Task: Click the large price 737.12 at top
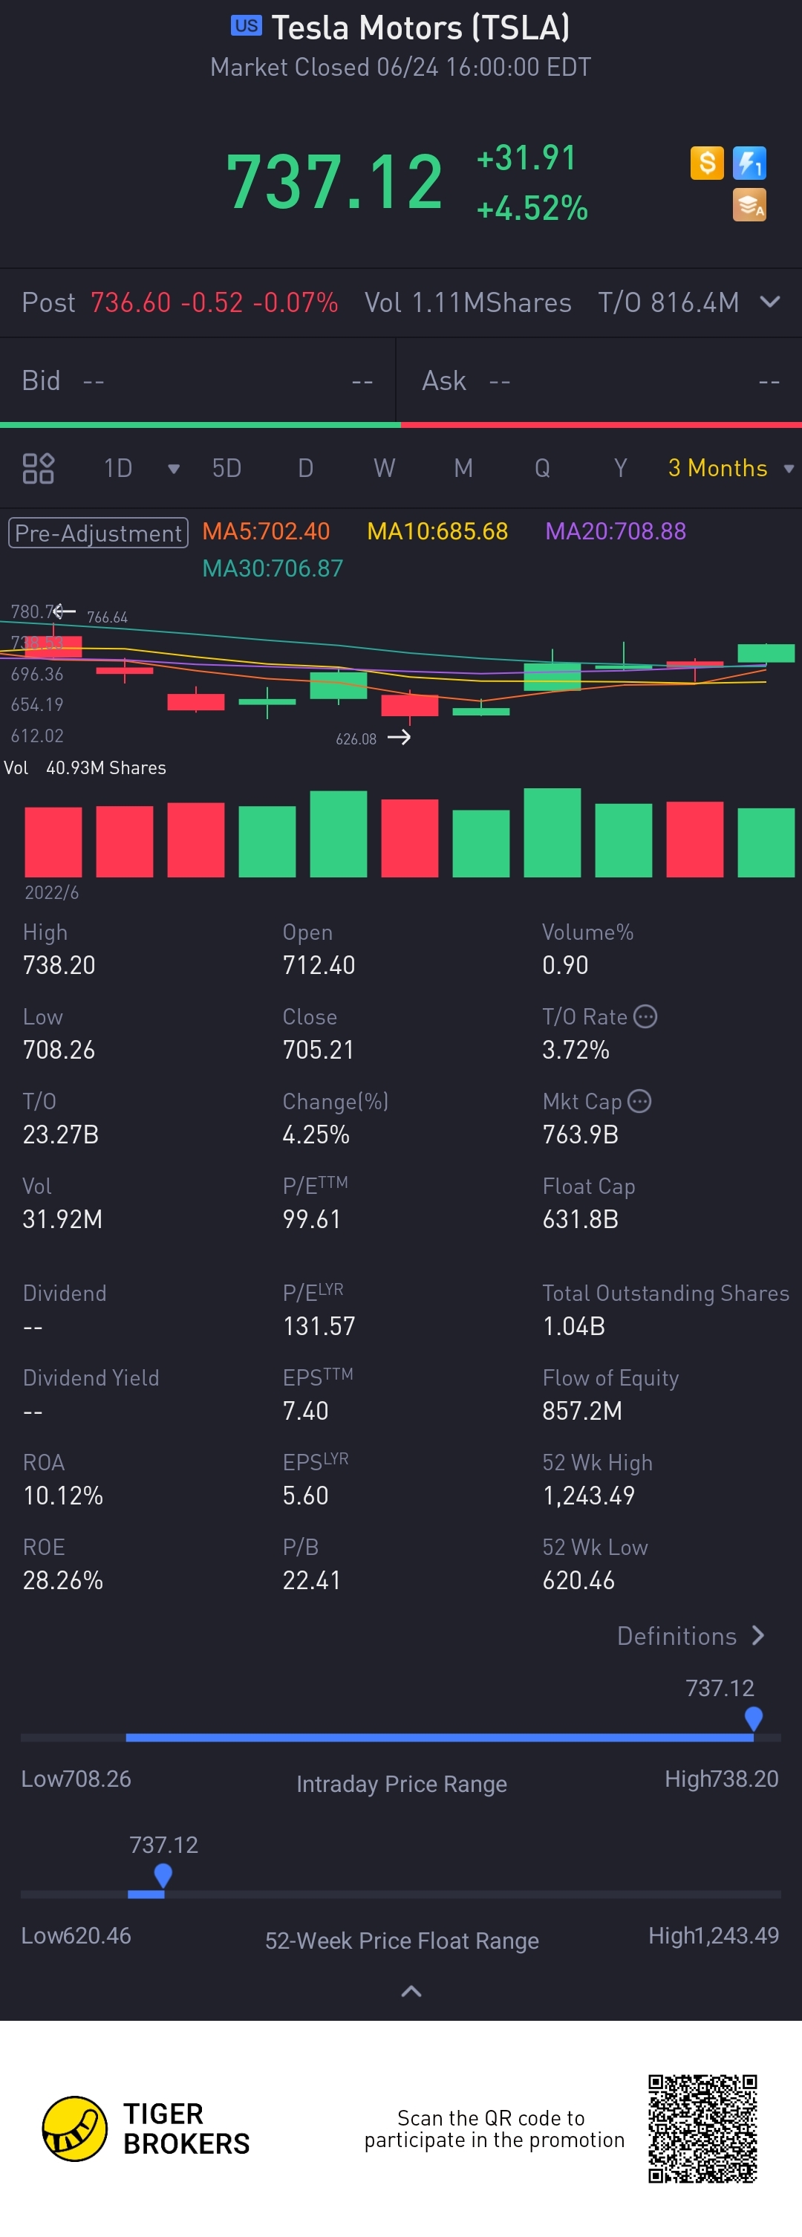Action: pyautogui.click(x=334, y=181)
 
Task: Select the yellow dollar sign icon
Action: pyautogui.click(x=706, y=163)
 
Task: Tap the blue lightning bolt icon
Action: pyautogui.click(x=749, y=163)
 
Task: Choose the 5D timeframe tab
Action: pyautogui.click(x=226, y=468)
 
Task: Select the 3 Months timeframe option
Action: pyautogui.click(x=718, y=468)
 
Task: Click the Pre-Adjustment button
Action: pyautogui.click(x=98, y=533)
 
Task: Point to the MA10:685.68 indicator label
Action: pyautogui.click(x=437, y=531)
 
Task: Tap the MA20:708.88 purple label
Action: pyautogui.click(x=616, y=531)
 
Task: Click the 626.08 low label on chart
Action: pyautogui.click(x=356, y=739)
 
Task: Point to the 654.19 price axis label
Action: pyautogui.click(x=37, y=704)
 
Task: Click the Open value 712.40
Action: pyautogui.click(x=319, y=965)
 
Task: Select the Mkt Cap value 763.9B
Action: pyautogui.click(x=580, y=1134)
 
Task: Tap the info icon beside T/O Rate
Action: pyautogui.click(x=645, y=1016)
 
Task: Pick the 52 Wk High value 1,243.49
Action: pyautogui.click(x=588, y=1496)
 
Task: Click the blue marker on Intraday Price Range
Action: pyautogui.click(x=754, y=1718)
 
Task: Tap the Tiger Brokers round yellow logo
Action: pyautogui.click(x=75, y=2129)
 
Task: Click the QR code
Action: pyautogui.click(x=702, y=2129)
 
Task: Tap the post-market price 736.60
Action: pyautogui.click(x=130, y=302)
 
